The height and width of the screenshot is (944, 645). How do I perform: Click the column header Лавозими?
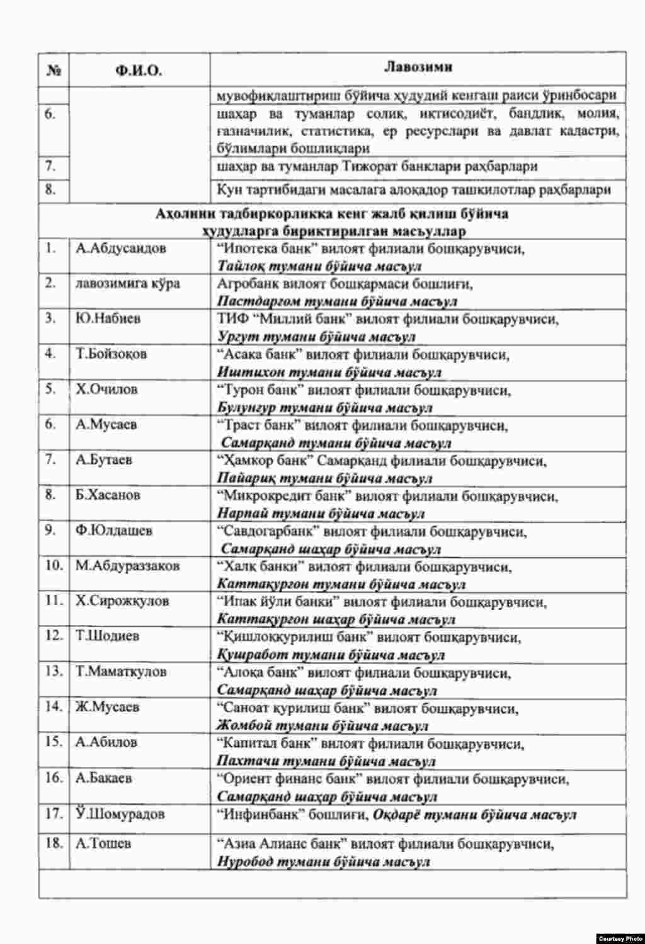(418, 67)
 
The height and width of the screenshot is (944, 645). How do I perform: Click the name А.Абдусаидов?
(121, 248)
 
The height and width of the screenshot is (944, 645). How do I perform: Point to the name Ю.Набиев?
(108, 318)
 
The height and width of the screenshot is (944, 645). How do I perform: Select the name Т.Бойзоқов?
(111, 354)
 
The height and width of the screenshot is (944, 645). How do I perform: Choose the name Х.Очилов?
(106, 389)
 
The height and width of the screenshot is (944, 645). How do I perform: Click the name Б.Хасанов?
(108, 495)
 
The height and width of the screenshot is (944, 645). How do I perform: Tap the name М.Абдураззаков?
(128, 565)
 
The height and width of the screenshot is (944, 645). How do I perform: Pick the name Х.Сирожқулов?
(123, 601)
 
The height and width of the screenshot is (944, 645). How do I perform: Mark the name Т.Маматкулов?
(122, 671)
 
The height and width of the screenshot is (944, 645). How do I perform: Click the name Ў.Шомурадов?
(120, 814)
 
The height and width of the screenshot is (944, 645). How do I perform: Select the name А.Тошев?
(104, 843)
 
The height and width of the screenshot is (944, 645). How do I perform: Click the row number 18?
(54, 843)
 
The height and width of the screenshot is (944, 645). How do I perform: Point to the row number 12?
(54, 635)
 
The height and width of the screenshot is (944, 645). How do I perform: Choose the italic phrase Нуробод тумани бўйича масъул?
(324, 861)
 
